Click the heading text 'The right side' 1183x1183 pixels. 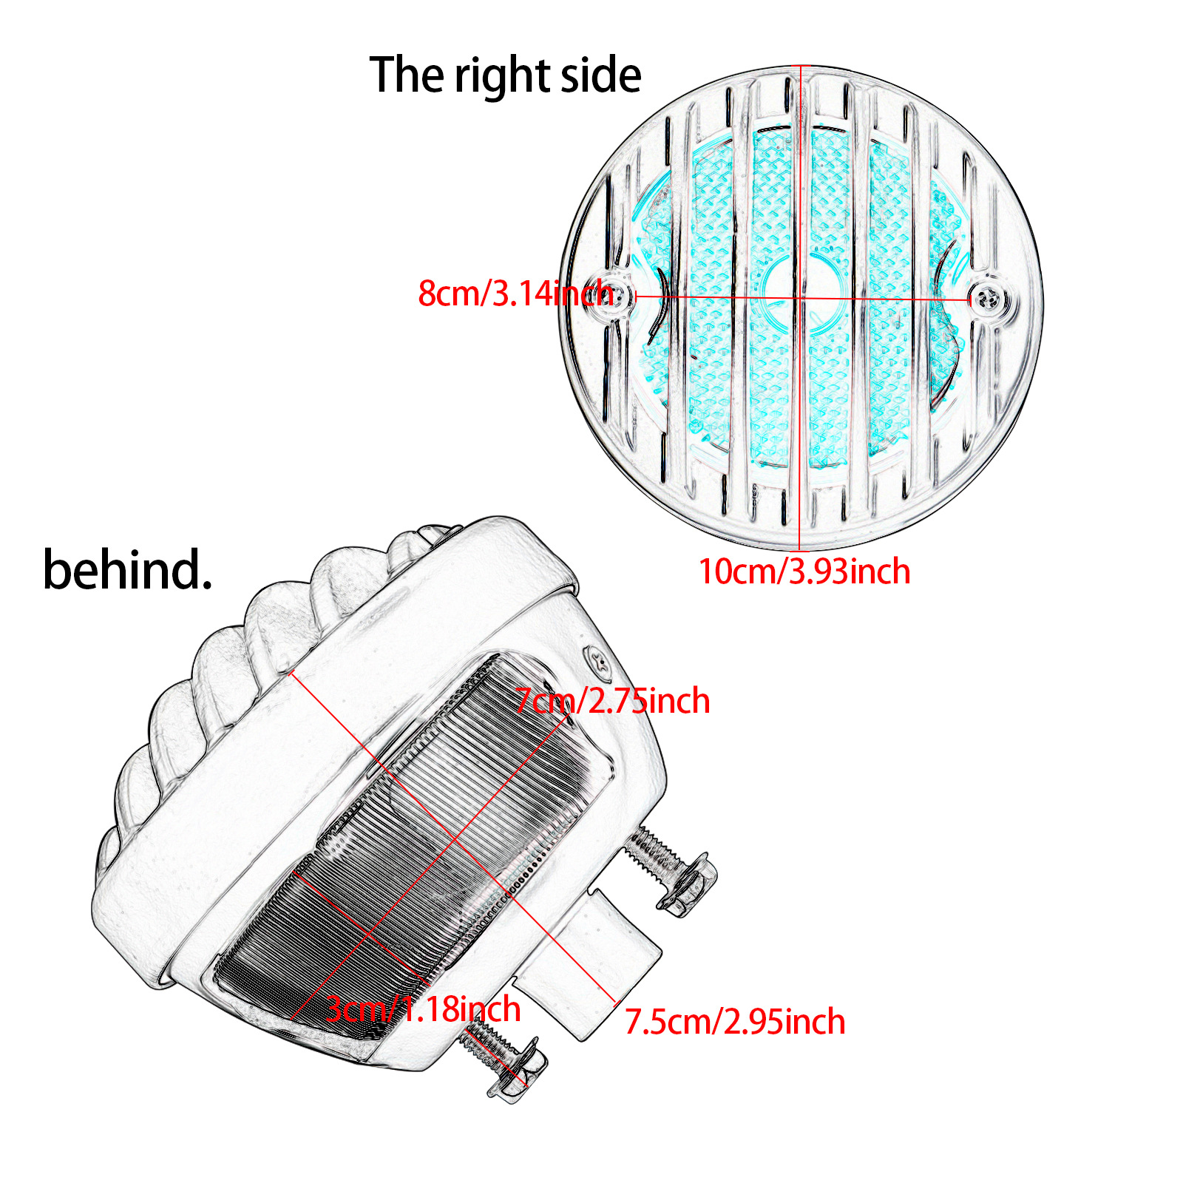[505, 75]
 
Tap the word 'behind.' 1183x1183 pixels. [127, 570]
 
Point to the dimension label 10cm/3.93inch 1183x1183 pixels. [804, 572]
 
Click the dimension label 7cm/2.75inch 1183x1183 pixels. [612, 700]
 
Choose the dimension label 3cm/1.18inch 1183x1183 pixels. [424, 1009]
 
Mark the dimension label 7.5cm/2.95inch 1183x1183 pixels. [735, 1022]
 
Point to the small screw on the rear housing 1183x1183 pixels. [599, 660]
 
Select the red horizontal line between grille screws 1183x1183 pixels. [887, 299]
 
